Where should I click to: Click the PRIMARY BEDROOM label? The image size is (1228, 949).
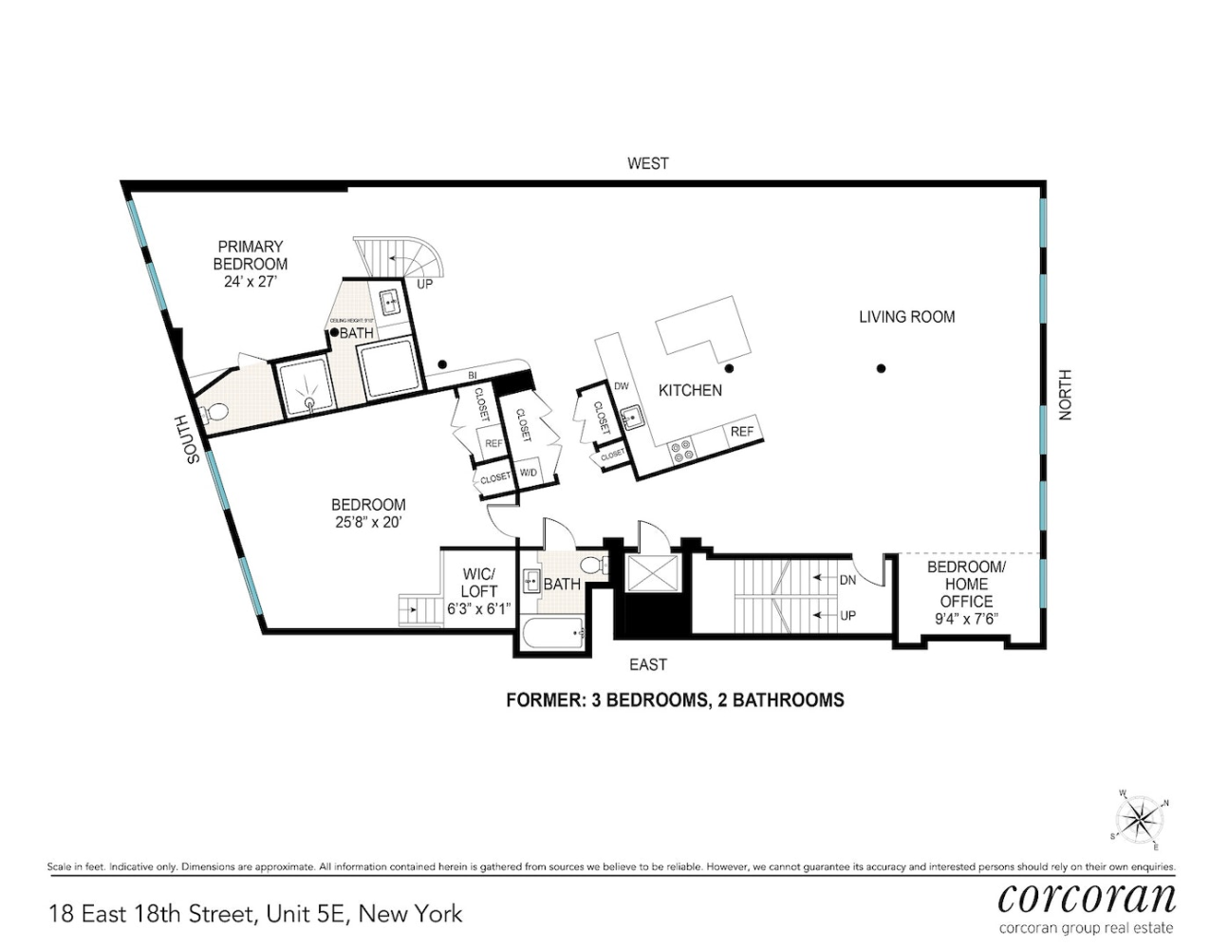click(250, 255)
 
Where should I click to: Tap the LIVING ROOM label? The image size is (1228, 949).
click(906, 317)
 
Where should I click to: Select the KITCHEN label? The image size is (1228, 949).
click(690, 390)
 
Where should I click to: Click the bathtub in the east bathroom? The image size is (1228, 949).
click(553, 632)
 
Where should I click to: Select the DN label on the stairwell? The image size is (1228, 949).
click(847, 580)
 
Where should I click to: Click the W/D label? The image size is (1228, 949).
click(529, 473)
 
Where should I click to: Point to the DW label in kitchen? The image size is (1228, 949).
click(621, 386)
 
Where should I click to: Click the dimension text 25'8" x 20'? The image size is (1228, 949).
click(368, 522)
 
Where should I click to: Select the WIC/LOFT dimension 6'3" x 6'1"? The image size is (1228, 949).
click(478, 608)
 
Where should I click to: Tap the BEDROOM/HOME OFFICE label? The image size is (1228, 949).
click(966, 584)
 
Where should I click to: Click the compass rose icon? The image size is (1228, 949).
click(1138, 820)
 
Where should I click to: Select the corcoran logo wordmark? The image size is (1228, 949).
click(1087, 897)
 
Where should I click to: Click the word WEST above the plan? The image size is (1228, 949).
click(647, 163)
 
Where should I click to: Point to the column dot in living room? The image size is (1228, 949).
click(881, 368)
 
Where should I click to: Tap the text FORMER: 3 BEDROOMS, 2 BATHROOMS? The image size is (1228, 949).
click(675, 700)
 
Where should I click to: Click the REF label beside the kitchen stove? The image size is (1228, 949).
click(741, 432)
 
